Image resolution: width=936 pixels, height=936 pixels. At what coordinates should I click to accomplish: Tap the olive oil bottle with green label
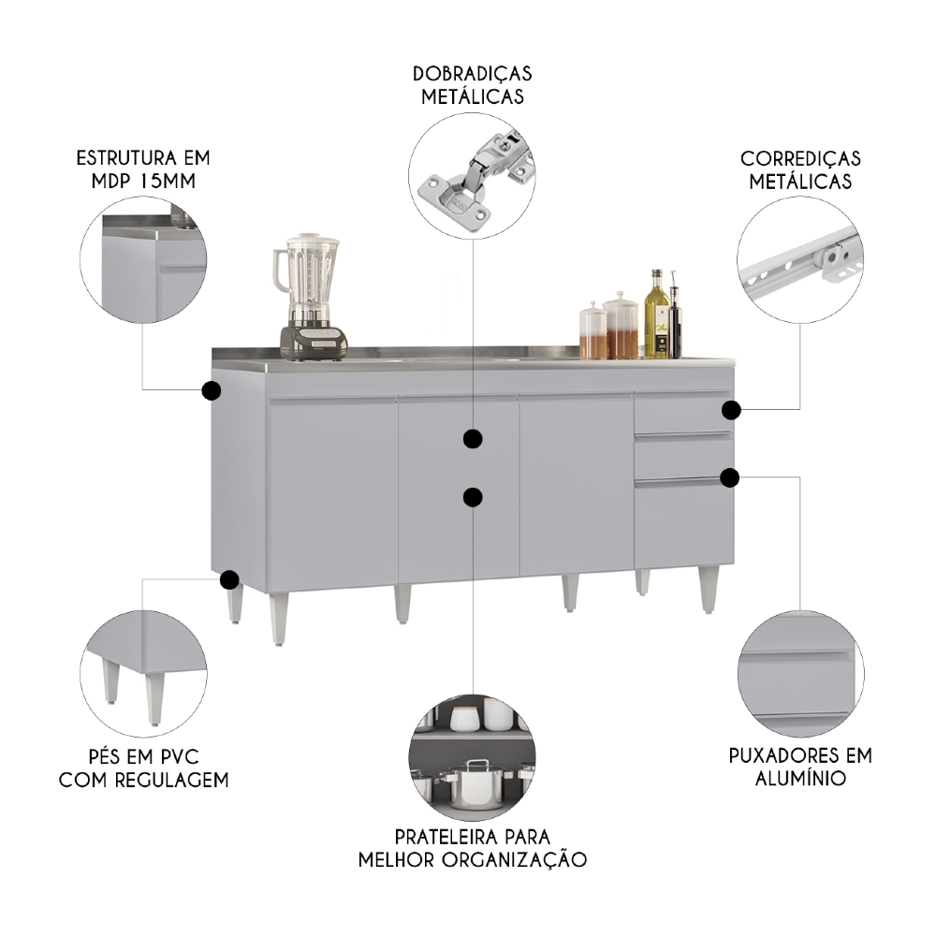click(x=657, y=318)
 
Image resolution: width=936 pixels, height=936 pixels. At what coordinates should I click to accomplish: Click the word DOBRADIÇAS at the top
click(x=472, y=73)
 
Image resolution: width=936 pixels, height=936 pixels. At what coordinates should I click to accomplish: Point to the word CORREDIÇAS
click(x=800, y=158)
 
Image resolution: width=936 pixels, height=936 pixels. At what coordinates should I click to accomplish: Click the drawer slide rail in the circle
click(x=800, y=258)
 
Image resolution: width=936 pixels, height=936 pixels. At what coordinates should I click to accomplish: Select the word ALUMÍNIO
click(x=800, y=778)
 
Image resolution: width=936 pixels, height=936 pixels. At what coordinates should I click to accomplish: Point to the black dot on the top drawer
click(x=731, y=409)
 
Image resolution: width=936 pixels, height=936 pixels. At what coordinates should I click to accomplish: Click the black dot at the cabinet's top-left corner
click(x=211, y=390)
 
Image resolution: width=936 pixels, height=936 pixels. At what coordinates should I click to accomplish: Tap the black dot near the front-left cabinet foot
click(x=228, y=580)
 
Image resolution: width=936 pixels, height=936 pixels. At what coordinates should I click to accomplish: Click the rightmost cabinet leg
click(x=709, y=590)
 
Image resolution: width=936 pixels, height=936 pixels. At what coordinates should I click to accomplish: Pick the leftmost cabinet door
click(x=332, y=494)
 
